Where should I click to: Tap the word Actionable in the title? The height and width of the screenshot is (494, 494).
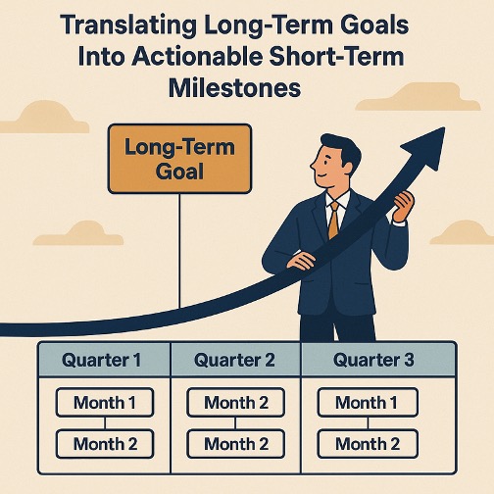point(198,57)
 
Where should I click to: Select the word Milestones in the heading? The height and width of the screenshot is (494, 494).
point(234,88)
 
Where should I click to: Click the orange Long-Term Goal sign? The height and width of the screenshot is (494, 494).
point(179,159)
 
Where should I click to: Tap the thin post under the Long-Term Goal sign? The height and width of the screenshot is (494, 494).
point(179,251)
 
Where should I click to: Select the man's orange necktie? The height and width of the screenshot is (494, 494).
point(333,220)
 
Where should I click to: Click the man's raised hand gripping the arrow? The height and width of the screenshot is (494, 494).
point(403,206)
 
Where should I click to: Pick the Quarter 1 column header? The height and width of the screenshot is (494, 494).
point(104,360)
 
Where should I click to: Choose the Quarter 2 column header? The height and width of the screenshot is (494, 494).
point(235,360)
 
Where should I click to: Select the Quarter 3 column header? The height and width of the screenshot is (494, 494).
point(378,360)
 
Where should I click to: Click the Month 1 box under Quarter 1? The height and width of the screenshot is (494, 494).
point(105,402)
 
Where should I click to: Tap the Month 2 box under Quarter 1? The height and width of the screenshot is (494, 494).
point(105,444)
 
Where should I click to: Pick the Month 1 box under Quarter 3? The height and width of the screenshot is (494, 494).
point(368,402)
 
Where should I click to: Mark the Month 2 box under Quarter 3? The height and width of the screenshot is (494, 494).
point(368,444)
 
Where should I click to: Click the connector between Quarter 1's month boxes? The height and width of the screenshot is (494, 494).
point(105,423)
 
